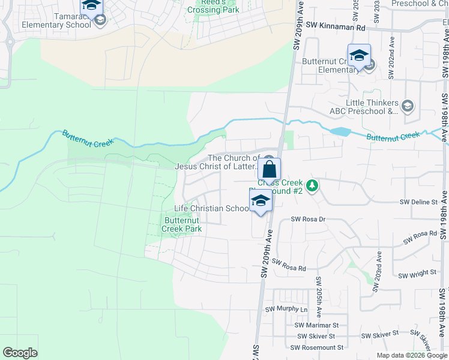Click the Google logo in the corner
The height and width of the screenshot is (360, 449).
[20, 353]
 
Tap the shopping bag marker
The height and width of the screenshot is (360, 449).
[270, 169]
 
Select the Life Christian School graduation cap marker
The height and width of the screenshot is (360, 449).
[261, 200]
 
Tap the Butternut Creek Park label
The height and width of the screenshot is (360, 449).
[182, 224]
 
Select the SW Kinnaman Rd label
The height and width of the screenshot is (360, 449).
[335, 27]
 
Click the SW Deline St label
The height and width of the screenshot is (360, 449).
[418, 203]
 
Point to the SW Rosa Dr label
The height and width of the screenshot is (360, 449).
[308, 220]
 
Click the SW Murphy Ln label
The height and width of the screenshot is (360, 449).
[286, 310]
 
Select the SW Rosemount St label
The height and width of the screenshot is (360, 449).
[316, 347]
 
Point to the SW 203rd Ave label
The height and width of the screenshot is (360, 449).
[376, 274]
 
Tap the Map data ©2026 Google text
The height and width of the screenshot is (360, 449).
[411, 355]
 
